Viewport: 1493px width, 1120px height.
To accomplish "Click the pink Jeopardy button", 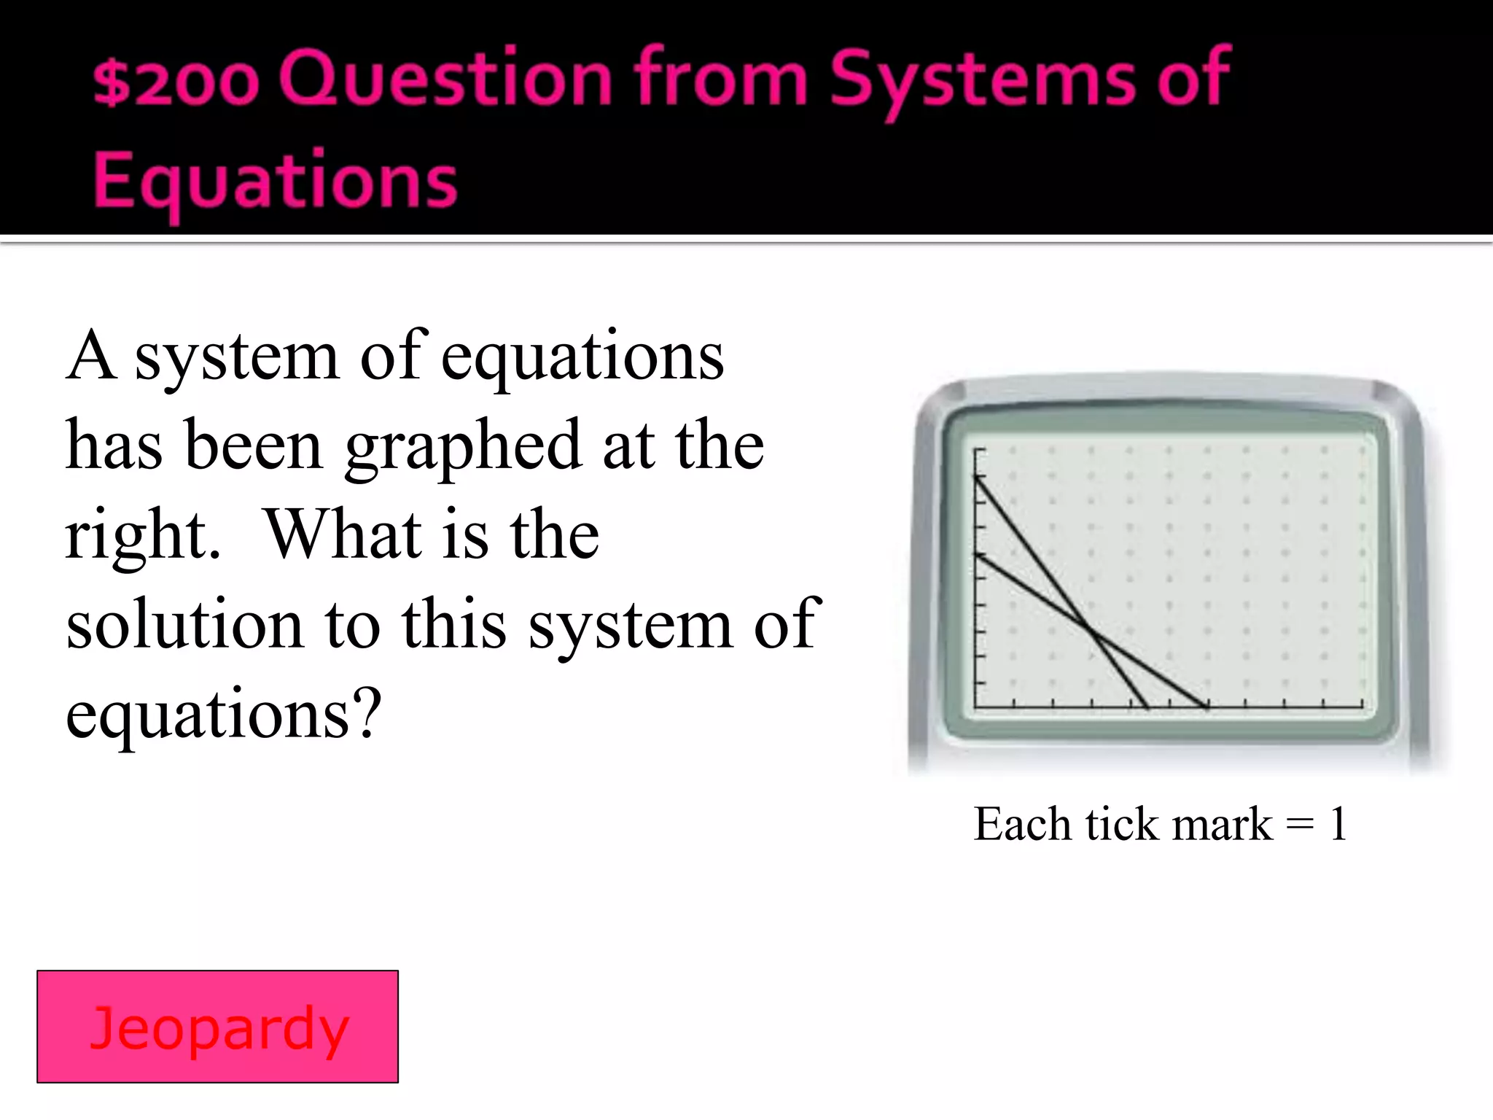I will (x=217, y=1027).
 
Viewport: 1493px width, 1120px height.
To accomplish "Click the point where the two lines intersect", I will (x=1091, y=631).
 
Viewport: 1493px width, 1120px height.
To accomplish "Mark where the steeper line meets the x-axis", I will (x=1147, y=707).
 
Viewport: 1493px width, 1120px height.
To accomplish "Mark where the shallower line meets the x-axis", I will (x=1207, y=707).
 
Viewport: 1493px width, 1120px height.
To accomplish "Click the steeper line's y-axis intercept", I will (x=976, y=476).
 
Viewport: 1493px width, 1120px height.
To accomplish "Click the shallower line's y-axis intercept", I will (x=976, y=554).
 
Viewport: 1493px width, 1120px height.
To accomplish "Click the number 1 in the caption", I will (x=1337, y=825).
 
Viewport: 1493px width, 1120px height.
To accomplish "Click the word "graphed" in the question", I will (x=463, y=446).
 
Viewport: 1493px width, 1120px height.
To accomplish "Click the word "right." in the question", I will (x=143, y=536).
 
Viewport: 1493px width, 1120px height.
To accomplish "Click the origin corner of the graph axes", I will (x=976, y=707).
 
